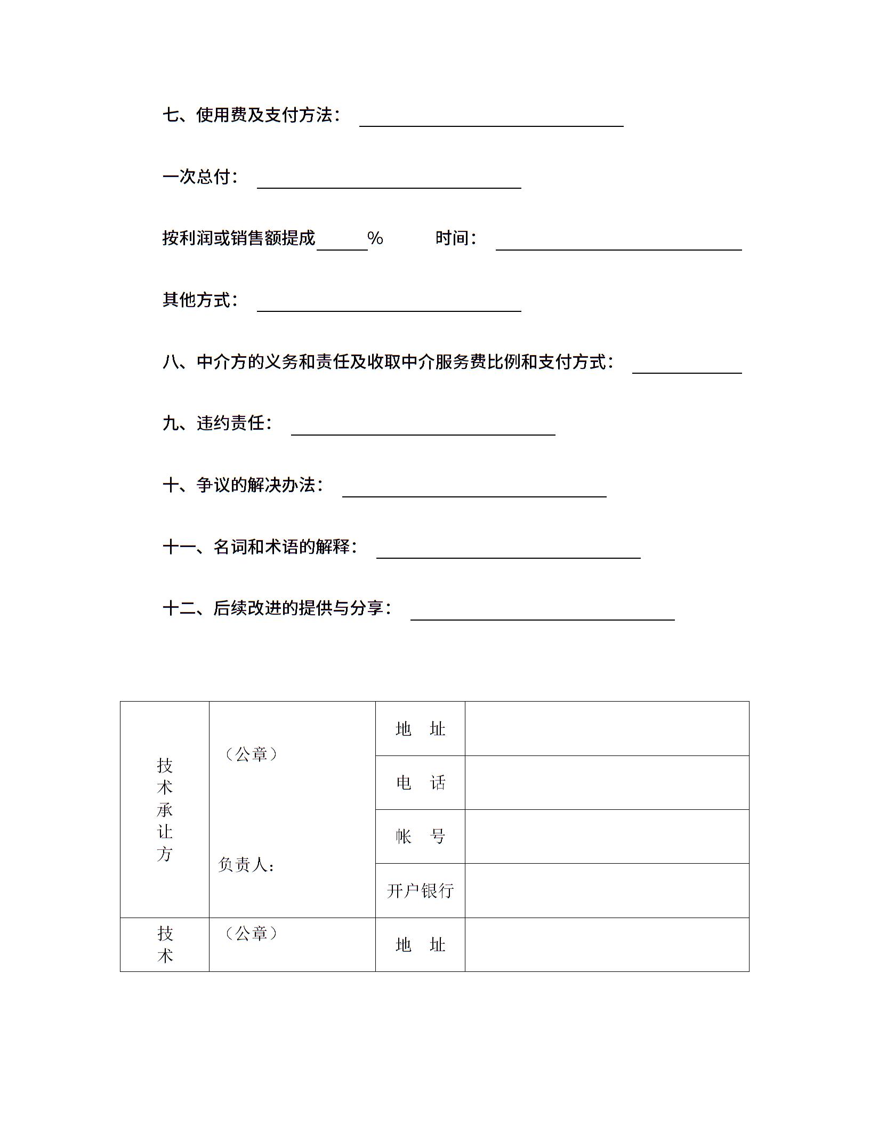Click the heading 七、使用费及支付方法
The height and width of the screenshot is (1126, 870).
coord(251,115)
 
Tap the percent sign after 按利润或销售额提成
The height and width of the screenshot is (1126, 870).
coord(375,238)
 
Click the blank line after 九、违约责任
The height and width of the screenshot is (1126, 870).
coord(423,429)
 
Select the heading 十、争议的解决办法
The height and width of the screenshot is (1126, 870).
coord(243,485)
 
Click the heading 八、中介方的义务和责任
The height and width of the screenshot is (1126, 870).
coord(388,362)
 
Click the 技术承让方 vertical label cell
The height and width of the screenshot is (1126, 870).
coord(165,809)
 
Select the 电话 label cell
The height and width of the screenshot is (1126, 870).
coord(420,783)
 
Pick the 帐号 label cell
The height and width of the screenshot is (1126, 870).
coord(420,837)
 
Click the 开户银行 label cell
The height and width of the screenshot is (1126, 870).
coord(420,890)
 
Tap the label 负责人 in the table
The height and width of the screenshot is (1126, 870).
coord(246,865)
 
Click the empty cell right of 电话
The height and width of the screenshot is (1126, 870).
coord(607,783)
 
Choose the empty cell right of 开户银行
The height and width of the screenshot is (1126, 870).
coord(607,890)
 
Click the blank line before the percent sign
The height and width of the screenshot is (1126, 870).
coord(342,244)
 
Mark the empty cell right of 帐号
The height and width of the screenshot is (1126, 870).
coord(607,837)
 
